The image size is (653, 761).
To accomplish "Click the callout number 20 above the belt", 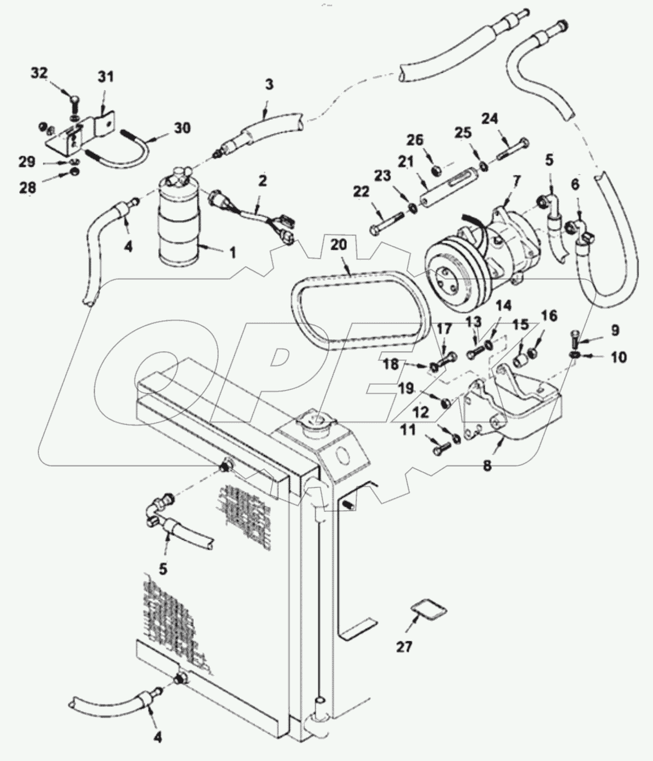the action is click(x=338, y=245).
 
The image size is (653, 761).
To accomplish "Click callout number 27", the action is click(x=404, y=646).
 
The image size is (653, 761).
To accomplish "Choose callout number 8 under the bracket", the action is click(x=486, y=466).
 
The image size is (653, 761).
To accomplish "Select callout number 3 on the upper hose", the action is click(x=269, y=85).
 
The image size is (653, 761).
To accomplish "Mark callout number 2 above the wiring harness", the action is click(x=262, y=181).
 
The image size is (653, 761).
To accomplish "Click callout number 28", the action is click(x=28, y=188).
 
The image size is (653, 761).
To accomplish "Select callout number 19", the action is click(x=406, y=388).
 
